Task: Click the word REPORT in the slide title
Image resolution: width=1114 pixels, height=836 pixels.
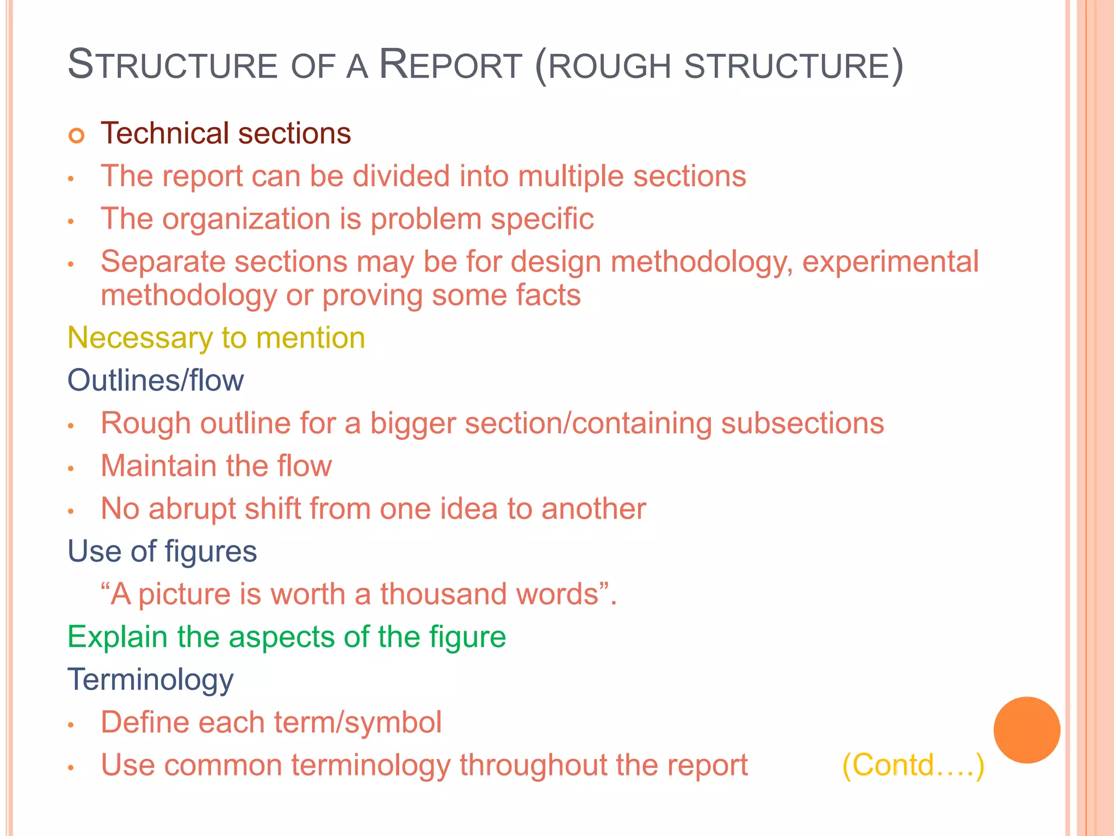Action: pos(450,65)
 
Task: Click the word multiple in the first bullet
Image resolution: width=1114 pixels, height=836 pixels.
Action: pos(571,177)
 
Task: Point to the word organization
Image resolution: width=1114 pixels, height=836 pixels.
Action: pos(246,219)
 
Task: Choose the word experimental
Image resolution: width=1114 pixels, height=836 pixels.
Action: pos(890,262)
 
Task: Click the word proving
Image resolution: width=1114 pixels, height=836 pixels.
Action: pos(372,296)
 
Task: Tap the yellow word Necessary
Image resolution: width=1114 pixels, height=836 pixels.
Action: pos(140,339)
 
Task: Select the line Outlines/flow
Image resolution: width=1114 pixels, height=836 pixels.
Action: pos(156,380)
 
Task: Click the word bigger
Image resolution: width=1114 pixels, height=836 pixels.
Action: pos(412,424)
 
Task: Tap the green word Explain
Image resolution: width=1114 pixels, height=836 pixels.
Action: pos(117,637)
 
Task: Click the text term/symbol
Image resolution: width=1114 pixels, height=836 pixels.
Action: pos(357,723)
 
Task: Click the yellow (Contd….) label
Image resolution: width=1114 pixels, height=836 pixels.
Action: pos(913,765)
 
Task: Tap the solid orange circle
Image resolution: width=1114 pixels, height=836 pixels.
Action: pos(1026,730)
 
